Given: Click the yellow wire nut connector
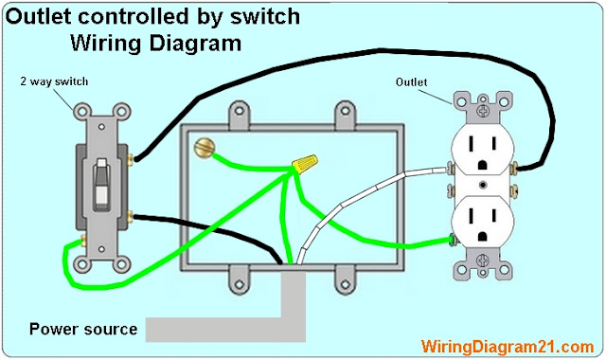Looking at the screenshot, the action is pos(305,162).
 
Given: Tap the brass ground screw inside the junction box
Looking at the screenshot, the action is pos(205,148).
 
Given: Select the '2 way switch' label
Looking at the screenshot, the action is pos(54,81).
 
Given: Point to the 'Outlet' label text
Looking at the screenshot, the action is pos(411,82).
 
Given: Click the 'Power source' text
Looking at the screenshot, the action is pos(83,329).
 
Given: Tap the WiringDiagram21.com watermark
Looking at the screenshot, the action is pos(508,347).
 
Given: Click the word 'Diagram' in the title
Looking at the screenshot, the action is pos(195,43).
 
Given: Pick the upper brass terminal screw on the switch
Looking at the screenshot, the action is pos(131,158).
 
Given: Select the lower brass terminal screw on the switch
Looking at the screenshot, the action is pos(131,217).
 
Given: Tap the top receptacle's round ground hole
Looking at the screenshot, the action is pos(482,165).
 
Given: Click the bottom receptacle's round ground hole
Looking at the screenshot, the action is pos(482,236).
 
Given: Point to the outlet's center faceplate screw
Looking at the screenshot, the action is pos(483,185).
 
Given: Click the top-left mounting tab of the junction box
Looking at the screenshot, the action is pos(240,114).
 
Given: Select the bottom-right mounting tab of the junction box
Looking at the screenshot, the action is pos(345,280).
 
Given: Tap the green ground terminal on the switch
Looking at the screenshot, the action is pos(82,242).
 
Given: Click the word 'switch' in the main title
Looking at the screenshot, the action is pos(265,16).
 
